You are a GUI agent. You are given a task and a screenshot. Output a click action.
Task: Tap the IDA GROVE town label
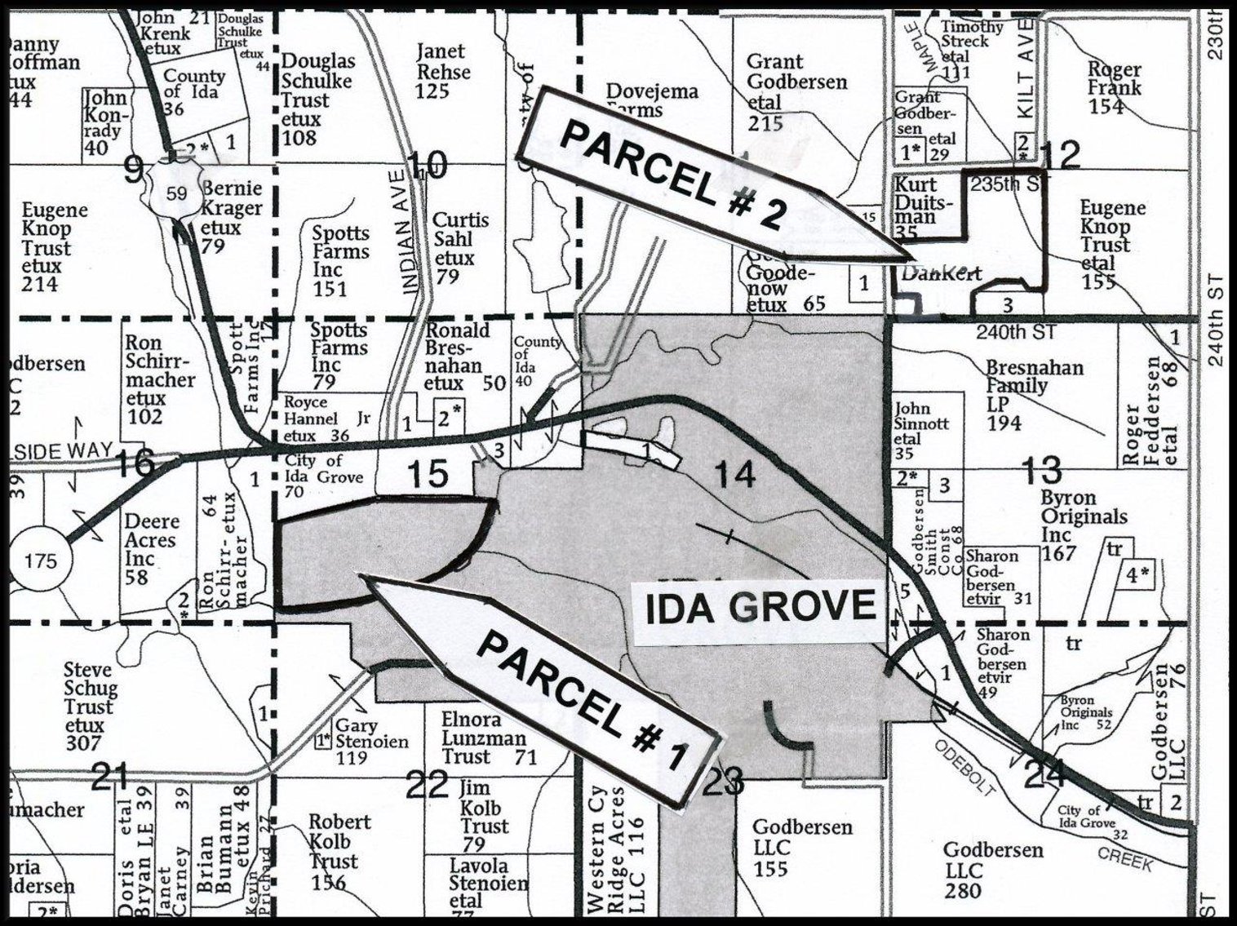(x=760, y=608)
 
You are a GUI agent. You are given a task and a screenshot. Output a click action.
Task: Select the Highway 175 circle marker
(x=41, y=561)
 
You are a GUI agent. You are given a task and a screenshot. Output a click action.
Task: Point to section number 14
(x=734, y=475)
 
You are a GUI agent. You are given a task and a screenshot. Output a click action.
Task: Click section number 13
(x=1041, y=471)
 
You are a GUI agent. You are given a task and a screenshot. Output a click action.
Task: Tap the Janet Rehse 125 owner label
(x=443, y=71)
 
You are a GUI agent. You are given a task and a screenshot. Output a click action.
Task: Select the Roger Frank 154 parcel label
(x=1114, y=87)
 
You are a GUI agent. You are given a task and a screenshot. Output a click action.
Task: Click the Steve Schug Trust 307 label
(x=89, y=707)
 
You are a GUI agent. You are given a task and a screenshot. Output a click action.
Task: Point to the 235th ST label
(x=1005, y=184)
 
